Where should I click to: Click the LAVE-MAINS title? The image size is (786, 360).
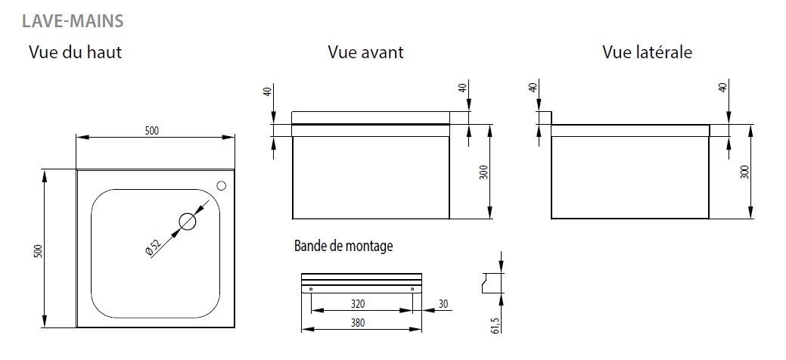pyautogui.click(x=73, y=21)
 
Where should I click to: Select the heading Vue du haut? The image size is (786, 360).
pyautogui.click(x=75, y=52)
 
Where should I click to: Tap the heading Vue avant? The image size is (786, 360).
pyautogui.click(x=365, y=52)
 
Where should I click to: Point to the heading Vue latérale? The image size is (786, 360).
pyautogui.click(x=647, y=52)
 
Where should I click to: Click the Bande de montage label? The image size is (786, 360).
pyautogui.click(x=343, y=247)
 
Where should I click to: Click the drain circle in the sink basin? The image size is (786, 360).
pyautogui.click(x=188, y=221)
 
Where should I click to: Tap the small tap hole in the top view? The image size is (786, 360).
pyautogui.click(x=221, y=185)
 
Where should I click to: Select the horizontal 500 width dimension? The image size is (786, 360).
pyautogui.click(x=152, y=131)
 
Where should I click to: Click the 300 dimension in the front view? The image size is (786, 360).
pyautogui.click(x=483, y=172)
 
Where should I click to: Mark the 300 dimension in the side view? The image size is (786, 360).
pyautogui.click(x=744, y=172)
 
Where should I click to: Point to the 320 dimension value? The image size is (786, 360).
pyautogui.click(x=357, y=303)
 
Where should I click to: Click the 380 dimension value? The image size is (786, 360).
pyautogui.click(x=357, y=323)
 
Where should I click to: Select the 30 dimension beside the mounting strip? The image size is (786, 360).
pyautogui.click(x=443, y=304)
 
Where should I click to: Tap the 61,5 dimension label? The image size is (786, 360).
pyautogui.click(x=496, y=325)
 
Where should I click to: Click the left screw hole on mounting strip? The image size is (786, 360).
pyautogui.click(x=311, y=289)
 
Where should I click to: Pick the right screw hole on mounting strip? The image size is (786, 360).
pyautogui.click(x=412, y=289)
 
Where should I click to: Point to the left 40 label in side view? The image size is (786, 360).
pyautogui.click(x=533, y=86)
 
